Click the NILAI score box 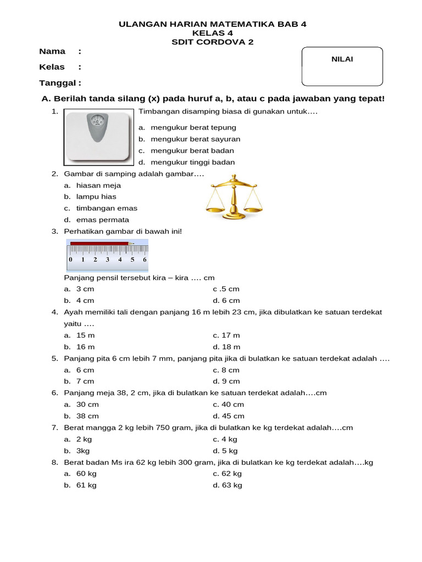(x=342, y=66)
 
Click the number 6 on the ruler (x=145, y=260)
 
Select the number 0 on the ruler (x=70, y=260)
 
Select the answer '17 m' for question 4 (x=230, y=335)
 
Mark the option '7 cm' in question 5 (x=85, y=381)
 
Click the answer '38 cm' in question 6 (x=87, y=416)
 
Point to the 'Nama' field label (x=52, y=52)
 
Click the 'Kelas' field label (x=52, y=67)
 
